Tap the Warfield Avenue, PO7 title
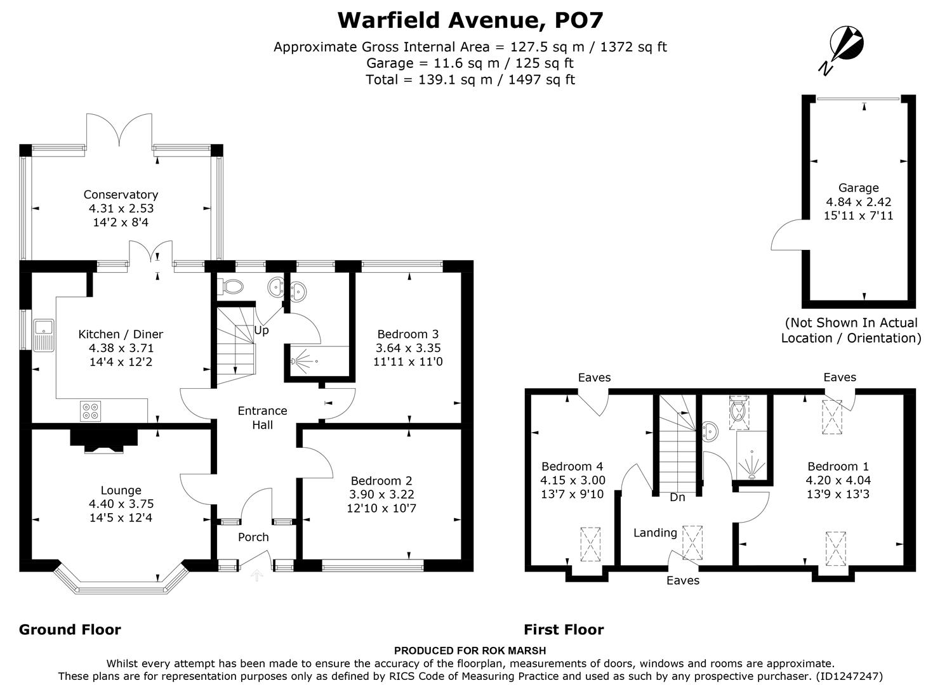(x=470, y=20)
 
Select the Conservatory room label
(x=121, y=195)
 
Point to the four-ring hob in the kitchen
(x=89, y=411)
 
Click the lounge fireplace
(x=104, y=441)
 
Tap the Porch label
(x=253, y=537)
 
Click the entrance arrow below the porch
(x=256, y=576)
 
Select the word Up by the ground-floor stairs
(x=261, y=330)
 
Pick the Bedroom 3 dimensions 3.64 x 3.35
(x=407, y=348)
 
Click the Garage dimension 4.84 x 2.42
(x=858, y=202)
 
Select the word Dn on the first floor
(x=677, y=497)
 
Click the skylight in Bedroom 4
(x=590, y=544)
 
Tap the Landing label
(x=655, y=533)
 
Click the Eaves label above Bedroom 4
(x=594, y=377)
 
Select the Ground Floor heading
(x=70, y=630)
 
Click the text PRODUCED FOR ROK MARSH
(x=470, y=650)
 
